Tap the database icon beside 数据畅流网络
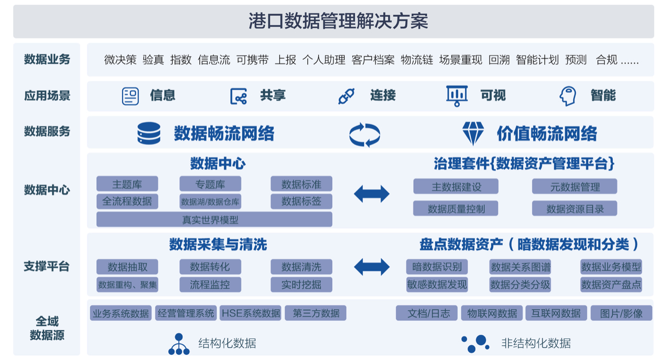pos(149,134)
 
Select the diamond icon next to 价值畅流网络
pos(473,134)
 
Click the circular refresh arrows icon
pos(365,134)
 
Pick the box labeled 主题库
pos(127,184)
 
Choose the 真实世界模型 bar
pos(214,220)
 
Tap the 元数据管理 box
pos(575,187)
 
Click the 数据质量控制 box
pos(456,209)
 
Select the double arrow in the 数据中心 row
pos(372,194)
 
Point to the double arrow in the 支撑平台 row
pos(372,267)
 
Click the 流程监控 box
pos(210,285)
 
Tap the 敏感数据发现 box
pos(437,285)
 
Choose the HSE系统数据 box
pos(251,313)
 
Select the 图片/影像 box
pos(621,313)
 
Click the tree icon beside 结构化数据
pos(179,344)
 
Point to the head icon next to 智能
pos(567,96)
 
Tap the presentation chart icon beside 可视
pos(457,96)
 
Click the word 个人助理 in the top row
pos(323,60)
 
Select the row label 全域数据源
pos(47,328)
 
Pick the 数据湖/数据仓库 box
pos(210,202)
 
